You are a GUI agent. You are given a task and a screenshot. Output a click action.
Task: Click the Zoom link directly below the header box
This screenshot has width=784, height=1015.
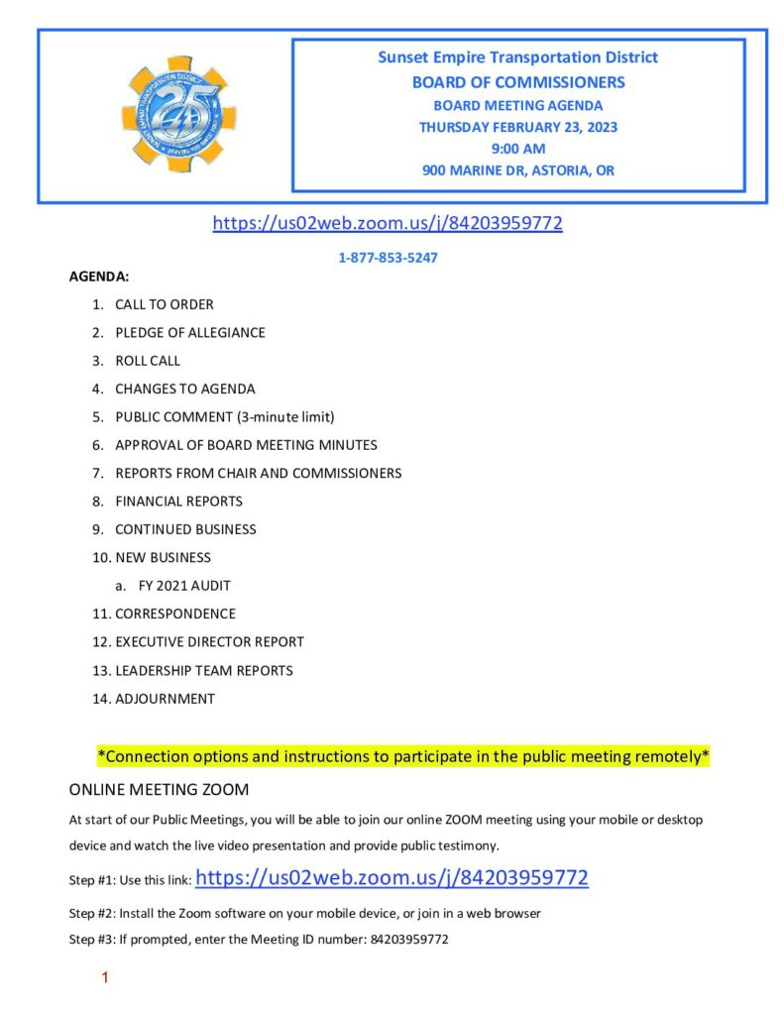coord(388,223)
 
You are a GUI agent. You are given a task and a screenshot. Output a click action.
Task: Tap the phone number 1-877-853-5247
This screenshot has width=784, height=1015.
coord(388,258)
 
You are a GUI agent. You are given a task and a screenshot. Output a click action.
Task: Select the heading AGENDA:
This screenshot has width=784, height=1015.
coord(99,277)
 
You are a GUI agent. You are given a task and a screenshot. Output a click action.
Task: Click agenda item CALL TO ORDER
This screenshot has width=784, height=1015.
coord(164,304)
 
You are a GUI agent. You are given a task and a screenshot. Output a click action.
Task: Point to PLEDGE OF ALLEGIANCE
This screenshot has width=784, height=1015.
coord(189,333)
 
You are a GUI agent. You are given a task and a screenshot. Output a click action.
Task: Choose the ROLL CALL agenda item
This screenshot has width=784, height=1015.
coord(148,361)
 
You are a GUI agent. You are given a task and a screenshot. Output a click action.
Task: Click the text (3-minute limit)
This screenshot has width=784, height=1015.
coord(293,416)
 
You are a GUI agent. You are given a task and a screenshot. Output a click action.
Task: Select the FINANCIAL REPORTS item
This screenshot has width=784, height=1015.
coord(178,501)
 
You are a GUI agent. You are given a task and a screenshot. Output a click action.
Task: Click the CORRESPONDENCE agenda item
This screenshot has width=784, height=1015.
coord(175,614)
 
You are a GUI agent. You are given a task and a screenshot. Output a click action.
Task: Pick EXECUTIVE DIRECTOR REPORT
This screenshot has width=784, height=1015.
coord(209,641)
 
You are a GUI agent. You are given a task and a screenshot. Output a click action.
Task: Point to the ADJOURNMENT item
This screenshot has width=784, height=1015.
coord(165,698)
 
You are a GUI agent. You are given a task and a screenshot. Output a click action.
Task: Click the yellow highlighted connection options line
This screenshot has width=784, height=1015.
coord(402,756)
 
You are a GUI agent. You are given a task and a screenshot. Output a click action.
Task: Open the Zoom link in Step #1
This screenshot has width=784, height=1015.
coord(392,877)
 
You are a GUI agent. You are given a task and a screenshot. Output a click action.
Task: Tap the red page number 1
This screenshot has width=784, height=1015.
coord(104,978)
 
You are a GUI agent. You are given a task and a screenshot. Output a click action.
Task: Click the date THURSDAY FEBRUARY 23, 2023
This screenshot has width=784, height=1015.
coord(517,127)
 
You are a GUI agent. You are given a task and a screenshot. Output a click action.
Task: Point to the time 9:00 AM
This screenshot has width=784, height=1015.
coord(517,149)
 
